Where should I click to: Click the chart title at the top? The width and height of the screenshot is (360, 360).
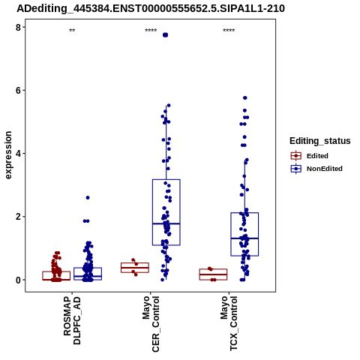(x=151, y=9)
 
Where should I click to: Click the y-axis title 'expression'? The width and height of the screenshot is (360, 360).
(x=8, y=155)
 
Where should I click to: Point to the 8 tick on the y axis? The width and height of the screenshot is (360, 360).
(x=18, y=28)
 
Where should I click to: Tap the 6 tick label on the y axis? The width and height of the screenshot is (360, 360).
(x=18, y=91)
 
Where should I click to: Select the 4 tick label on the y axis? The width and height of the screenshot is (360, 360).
(x=18, y=154)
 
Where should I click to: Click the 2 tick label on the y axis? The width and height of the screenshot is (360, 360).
(x=18, y=217)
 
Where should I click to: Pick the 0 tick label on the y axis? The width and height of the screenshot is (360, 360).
(x=18, y=280)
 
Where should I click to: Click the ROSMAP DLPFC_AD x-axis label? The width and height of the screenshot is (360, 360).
(x=72, y=320)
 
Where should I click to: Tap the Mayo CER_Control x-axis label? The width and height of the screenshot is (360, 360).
(x=151, y=324)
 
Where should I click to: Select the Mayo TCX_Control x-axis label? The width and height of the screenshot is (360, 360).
(x=229, y=323)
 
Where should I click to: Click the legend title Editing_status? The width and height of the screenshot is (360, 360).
(x=319, y=141)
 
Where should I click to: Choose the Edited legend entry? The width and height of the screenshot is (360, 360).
(x=310, y=156)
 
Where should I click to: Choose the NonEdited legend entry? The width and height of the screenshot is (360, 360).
(x=316, y=169)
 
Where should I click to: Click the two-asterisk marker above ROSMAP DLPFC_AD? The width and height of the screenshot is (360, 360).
(x=72, y=31)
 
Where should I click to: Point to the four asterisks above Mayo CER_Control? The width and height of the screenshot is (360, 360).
(x=151, y=31)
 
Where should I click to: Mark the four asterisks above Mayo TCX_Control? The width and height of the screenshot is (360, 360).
(x=229, y=31)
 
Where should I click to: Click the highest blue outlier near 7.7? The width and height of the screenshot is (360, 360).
(x=165, y=35)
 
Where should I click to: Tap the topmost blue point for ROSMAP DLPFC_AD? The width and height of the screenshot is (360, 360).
(x=88, y=198)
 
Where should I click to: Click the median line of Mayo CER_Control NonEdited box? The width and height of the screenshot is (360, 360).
(x=166, y=223)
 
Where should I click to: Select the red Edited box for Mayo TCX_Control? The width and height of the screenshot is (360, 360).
(x=213, y=274)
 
